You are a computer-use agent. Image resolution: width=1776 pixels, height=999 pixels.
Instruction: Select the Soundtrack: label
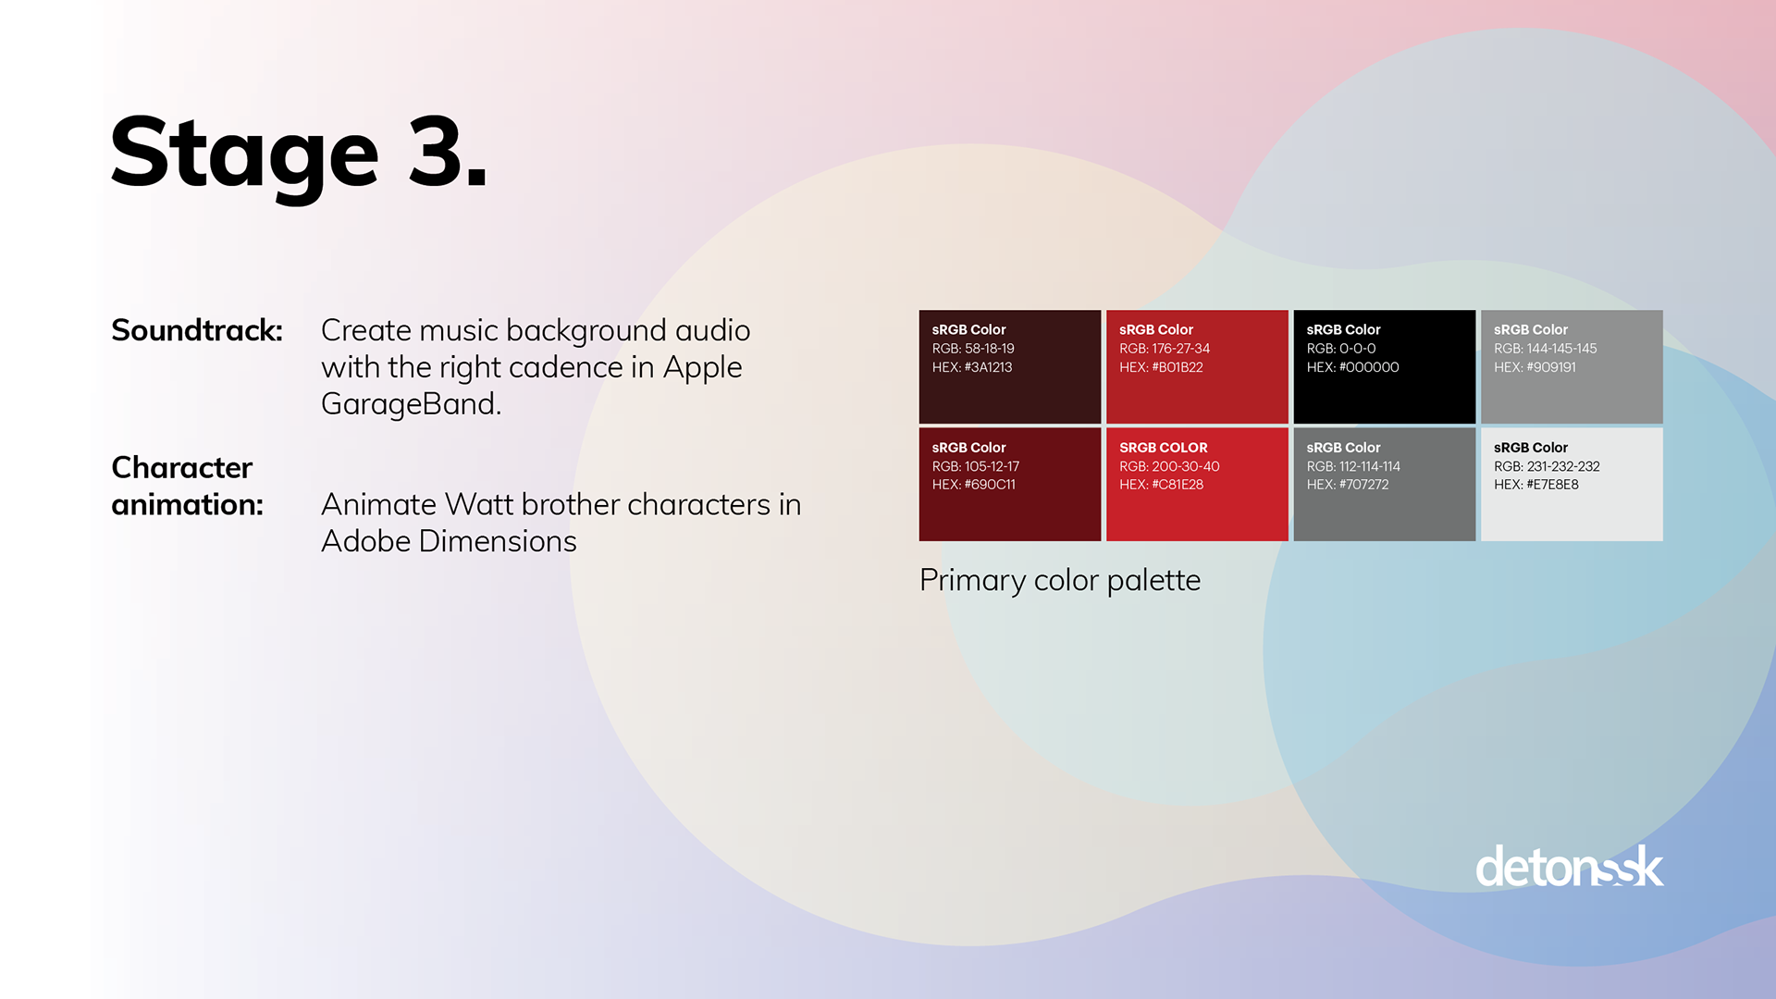pos(197,330)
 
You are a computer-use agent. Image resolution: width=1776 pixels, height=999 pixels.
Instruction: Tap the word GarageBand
pos(411,404)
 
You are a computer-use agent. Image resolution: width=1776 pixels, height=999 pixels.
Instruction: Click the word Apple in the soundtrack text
pos(703,368)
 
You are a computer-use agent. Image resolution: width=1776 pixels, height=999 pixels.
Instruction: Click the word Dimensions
pos(498,541)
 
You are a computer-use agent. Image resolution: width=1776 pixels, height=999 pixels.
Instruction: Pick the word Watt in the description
pos(479,504)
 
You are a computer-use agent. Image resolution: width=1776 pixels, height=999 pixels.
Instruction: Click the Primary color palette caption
pos(1060,580)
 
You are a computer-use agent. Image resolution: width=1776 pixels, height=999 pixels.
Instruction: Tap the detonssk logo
pos(1570,867)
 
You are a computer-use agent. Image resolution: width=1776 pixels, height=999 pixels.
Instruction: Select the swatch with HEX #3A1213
pos(1010,366)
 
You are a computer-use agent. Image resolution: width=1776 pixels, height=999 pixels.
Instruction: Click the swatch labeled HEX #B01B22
pos(1197,366)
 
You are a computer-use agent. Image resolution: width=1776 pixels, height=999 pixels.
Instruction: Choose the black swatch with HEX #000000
pos(1385,366)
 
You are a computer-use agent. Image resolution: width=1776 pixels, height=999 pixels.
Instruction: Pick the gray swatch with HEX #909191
pos(1572,366)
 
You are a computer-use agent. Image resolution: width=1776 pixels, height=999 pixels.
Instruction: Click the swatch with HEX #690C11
pos(1010,484)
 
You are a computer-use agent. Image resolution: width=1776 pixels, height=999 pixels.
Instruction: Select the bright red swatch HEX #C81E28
pos(1197,484)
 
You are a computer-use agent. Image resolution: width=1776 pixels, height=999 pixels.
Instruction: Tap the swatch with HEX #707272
pos(1385,484)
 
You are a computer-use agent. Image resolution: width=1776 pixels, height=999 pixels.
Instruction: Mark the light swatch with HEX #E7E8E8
pos(1572,484)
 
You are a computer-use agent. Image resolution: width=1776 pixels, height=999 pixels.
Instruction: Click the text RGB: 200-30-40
pos(1169,466)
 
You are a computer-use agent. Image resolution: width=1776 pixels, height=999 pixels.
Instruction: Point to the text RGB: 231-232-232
pos(1547,466)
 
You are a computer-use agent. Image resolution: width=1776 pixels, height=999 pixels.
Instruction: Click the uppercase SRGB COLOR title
pos(1164,448)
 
